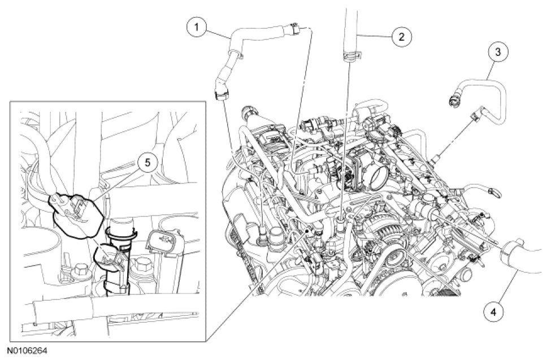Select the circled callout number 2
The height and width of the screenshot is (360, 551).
click(x=402, y=36)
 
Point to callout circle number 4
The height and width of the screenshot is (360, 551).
click(x=494, y=311)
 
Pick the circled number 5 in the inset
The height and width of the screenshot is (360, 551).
click(x=148, y=162)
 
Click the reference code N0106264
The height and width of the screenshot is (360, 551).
click(x=27, y=351)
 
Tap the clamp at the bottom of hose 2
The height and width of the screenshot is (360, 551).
click(x=350, y=55)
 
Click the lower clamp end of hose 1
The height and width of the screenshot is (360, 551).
click(x=220, y=95)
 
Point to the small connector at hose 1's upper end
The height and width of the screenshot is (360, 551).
click(x=294, y=29)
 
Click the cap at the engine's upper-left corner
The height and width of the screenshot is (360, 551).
click(x=249, y=114)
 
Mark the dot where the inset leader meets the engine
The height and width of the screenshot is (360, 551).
click(x=307, y=231)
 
